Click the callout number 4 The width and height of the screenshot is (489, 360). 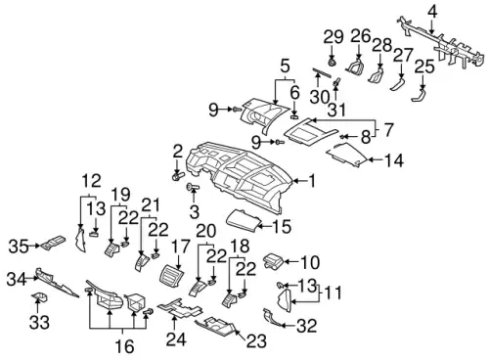[x=431, y=13]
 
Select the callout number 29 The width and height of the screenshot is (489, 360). [x=333, y=37]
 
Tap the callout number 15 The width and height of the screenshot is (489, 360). [x=282, y=226]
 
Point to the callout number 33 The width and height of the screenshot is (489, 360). [x=39, y=323]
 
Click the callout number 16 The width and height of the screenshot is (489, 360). [x=125, y=346]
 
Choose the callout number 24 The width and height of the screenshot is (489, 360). [x=176, y=339]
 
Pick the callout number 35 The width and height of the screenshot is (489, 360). [x=19, y=247]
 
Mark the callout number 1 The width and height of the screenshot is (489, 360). [x=312, y=181]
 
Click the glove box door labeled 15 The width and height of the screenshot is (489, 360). [x=244, y=221]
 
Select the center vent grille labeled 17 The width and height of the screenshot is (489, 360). [x=171, y=277]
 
